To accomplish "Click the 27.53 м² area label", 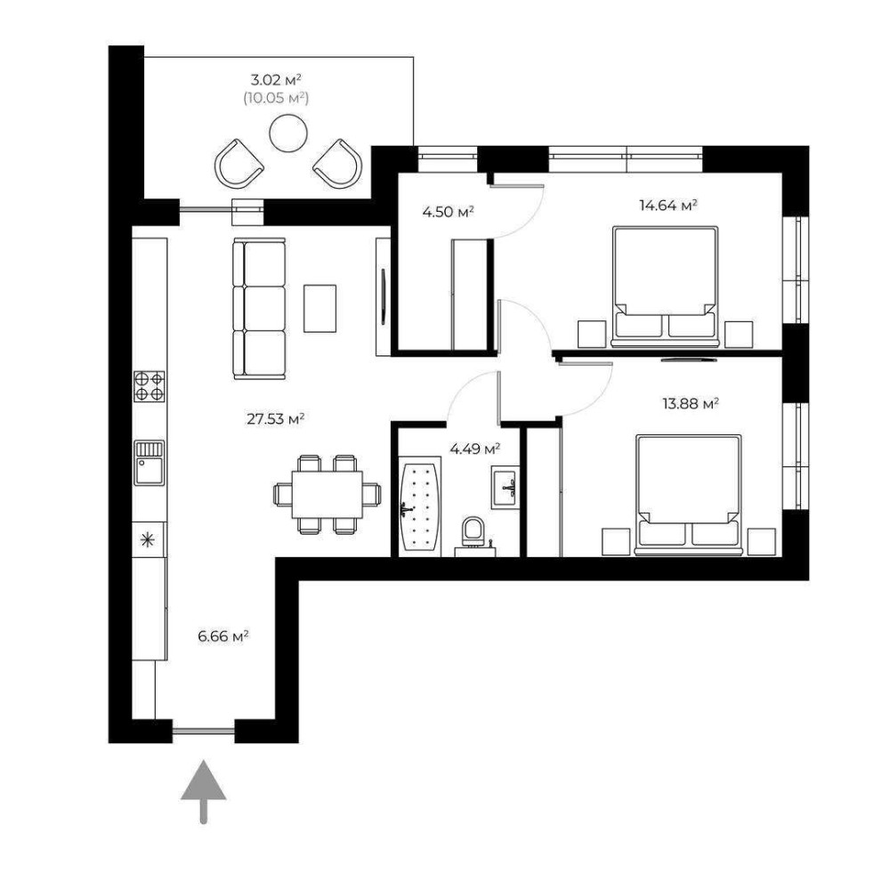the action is click(275, 419).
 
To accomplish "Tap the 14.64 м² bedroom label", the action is click(668, 205).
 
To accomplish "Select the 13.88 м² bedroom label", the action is click(691, 403).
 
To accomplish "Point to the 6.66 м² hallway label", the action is click(223, 636).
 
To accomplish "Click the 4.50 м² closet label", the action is click(448, 212).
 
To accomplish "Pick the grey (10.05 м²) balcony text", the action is click(276, 98).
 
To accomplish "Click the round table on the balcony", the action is click(288, 133).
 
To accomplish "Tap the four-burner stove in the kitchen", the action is click(150, 386).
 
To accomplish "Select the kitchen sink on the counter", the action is click(150, 463).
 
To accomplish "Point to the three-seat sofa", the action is click(259, 309).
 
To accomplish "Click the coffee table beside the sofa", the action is click(320, 308).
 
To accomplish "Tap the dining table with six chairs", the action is click(327, 494).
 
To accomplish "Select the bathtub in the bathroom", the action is click(420, 506).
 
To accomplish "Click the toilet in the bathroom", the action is click(473, 534).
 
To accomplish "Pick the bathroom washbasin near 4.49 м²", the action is click(505, 489).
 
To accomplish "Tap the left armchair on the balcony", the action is click(239, 164).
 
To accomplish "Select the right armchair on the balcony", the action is click(337, 164).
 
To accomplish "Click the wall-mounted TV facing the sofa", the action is click(384, 297).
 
